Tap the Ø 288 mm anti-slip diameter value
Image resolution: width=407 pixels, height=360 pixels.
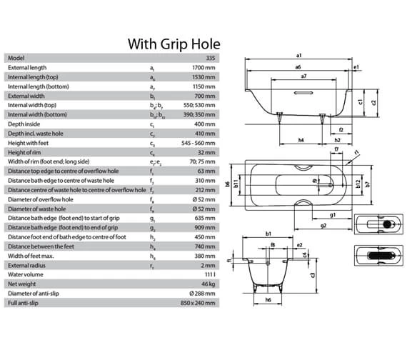pos(202,294)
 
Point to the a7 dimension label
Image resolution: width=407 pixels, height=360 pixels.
pos(304,76)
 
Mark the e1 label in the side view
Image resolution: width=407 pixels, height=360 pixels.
pos(356,66)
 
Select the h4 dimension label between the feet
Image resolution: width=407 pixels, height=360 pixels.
pos(301,139)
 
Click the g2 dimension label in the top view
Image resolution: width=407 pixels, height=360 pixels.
pos(324,224)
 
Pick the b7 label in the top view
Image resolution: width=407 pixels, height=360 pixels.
pos(368,184)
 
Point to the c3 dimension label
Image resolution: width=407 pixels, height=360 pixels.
pos(313,274)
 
